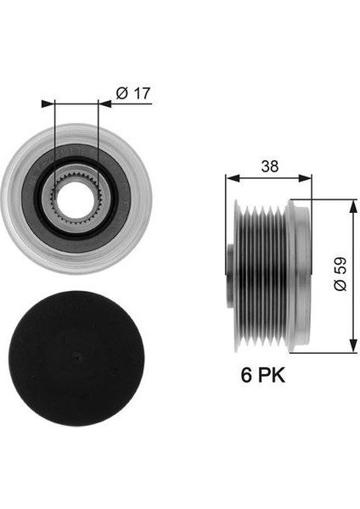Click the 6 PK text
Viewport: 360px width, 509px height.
pyautogui.click(x=262, y=375)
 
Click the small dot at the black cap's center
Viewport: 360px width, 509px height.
pyautogui.click(x=76, y=356)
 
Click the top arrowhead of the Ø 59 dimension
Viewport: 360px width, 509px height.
pyautogui.click(x=351, y=204)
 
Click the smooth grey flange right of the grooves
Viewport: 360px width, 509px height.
pyautogui.click(x=298, y=275)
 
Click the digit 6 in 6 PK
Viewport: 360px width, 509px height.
pyautogui.click(x=243, y=375)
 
